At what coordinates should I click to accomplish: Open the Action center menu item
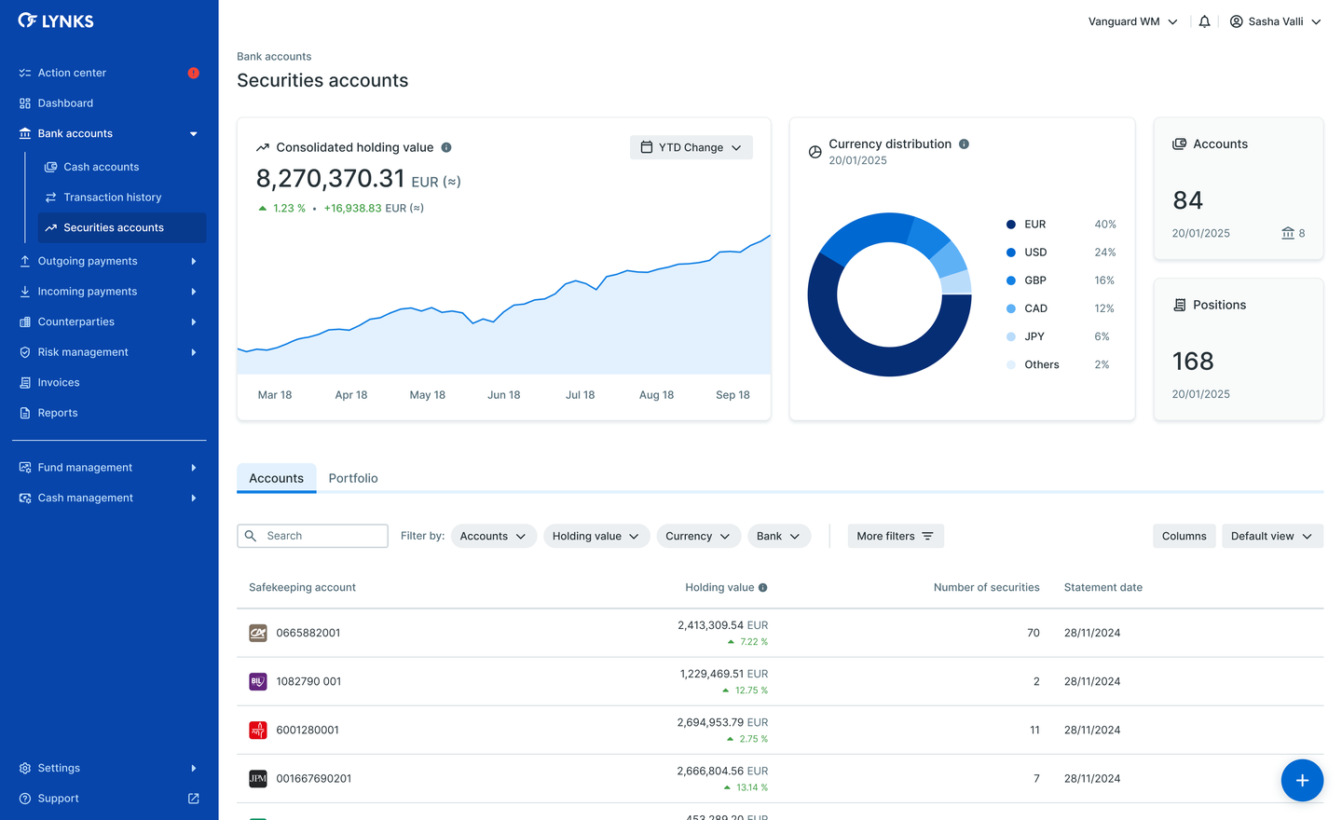[72, 73]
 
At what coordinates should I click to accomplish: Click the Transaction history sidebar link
[112, 198]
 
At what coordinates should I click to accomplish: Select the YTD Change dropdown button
[691, 147]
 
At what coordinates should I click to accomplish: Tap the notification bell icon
[1204, 21]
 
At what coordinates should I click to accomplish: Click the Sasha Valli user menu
[1275, 21]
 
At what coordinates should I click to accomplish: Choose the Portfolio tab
[353, 478]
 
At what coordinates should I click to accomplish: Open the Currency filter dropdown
[698, 536]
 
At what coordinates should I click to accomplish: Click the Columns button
[1184, 536]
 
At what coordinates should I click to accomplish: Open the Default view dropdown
[1271, 536]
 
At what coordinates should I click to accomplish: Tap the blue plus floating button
[1302, 780]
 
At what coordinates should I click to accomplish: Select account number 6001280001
[308, 730]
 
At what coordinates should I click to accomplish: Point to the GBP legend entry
[1034, 280]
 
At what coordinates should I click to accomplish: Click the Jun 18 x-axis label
[503, 395]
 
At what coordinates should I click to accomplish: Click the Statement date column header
[1102, 587]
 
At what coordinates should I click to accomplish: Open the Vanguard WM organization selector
[1132, 21]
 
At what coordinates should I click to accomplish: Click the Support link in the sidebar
[58, 799]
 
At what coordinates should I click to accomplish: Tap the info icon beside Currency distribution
[964, 143]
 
